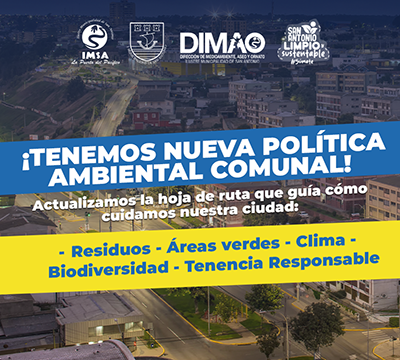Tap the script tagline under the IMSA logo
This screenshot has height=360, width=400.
click(96, 61)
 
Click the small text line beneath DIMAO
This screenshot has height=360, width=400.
click(221, 59)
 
